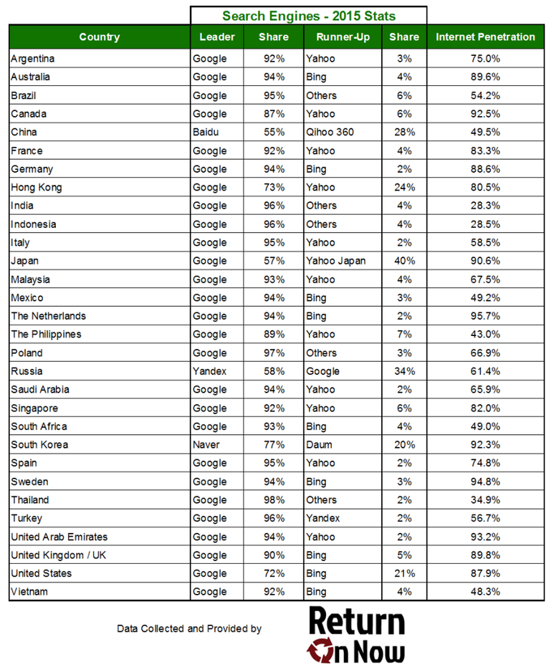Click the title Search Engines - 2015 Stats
308,16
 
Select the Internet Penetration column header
485,37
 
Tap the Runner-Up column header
338,37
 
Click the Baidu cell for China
205,133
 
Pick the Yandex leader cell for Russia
209,371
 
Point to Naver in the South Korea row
206,445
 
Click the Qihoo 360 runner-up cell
330,133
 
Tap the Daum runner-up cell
319,445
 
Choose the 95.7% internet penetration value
485,316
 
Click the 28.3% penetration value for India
485,206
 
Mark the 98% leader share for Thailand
274,500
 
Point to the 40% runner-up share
404,261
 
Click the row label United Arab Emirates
59,537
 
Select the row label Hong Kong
37,188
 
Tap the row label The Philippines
47,335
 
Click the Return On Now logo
356,634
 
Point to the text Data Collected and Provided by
189,629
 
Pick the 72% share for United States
274,573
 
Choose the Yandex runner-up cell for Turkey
324,518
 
